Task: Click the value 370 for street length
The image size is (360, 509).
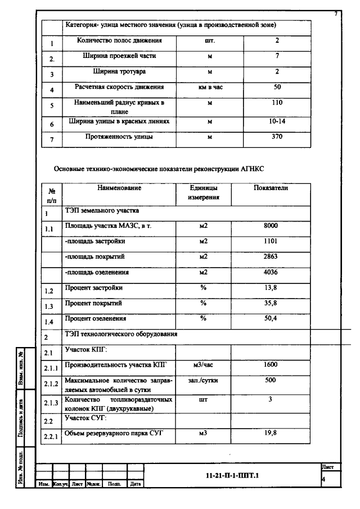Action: pyautogui.click(x=277, y=137)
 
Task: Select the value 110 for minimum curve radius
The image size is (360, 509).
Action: pyautogui.click(x=277, y=103)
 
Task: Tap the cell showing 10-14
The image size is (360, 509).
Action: pyautogui.click(x=277, y=121)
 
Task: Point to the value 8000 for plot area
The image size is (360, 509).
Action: pyautogui.click(x=271, y=226)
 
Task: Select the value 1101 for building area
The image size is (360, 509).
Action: pyautogui.click(x=271, y=241)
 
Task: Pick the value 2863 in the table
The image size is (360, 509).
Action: pyautogui.click(x=271, y=257)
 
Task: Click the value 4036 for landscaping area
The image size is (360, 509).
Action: pyautogui.click(x=271, y=273)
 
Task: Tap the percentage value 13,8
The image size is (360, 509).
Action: pyautogui.click(x=271, y=288)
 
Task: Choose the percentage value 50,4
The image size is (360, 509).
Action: pyautogui.click(x=271, y=318)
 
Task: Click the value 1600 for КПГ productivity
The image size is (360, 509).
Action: pyautogui.click(x=271, y=365)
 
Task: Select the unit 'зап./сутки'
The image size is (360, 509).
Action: pyautogui.click(x=203, y=380)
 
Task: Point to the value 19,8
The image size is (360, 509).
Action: pyautogui.click(x=271, y=433)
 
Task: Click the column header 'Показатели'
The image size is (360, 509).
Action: pyautogui.click(x=271, y=188)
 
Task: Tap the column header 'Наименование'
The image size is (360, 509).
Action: pyautogui.click(x=119, y=188)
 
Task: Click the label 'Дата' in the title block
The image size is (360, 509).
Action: pyautogui.click(x=135, y=484)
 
